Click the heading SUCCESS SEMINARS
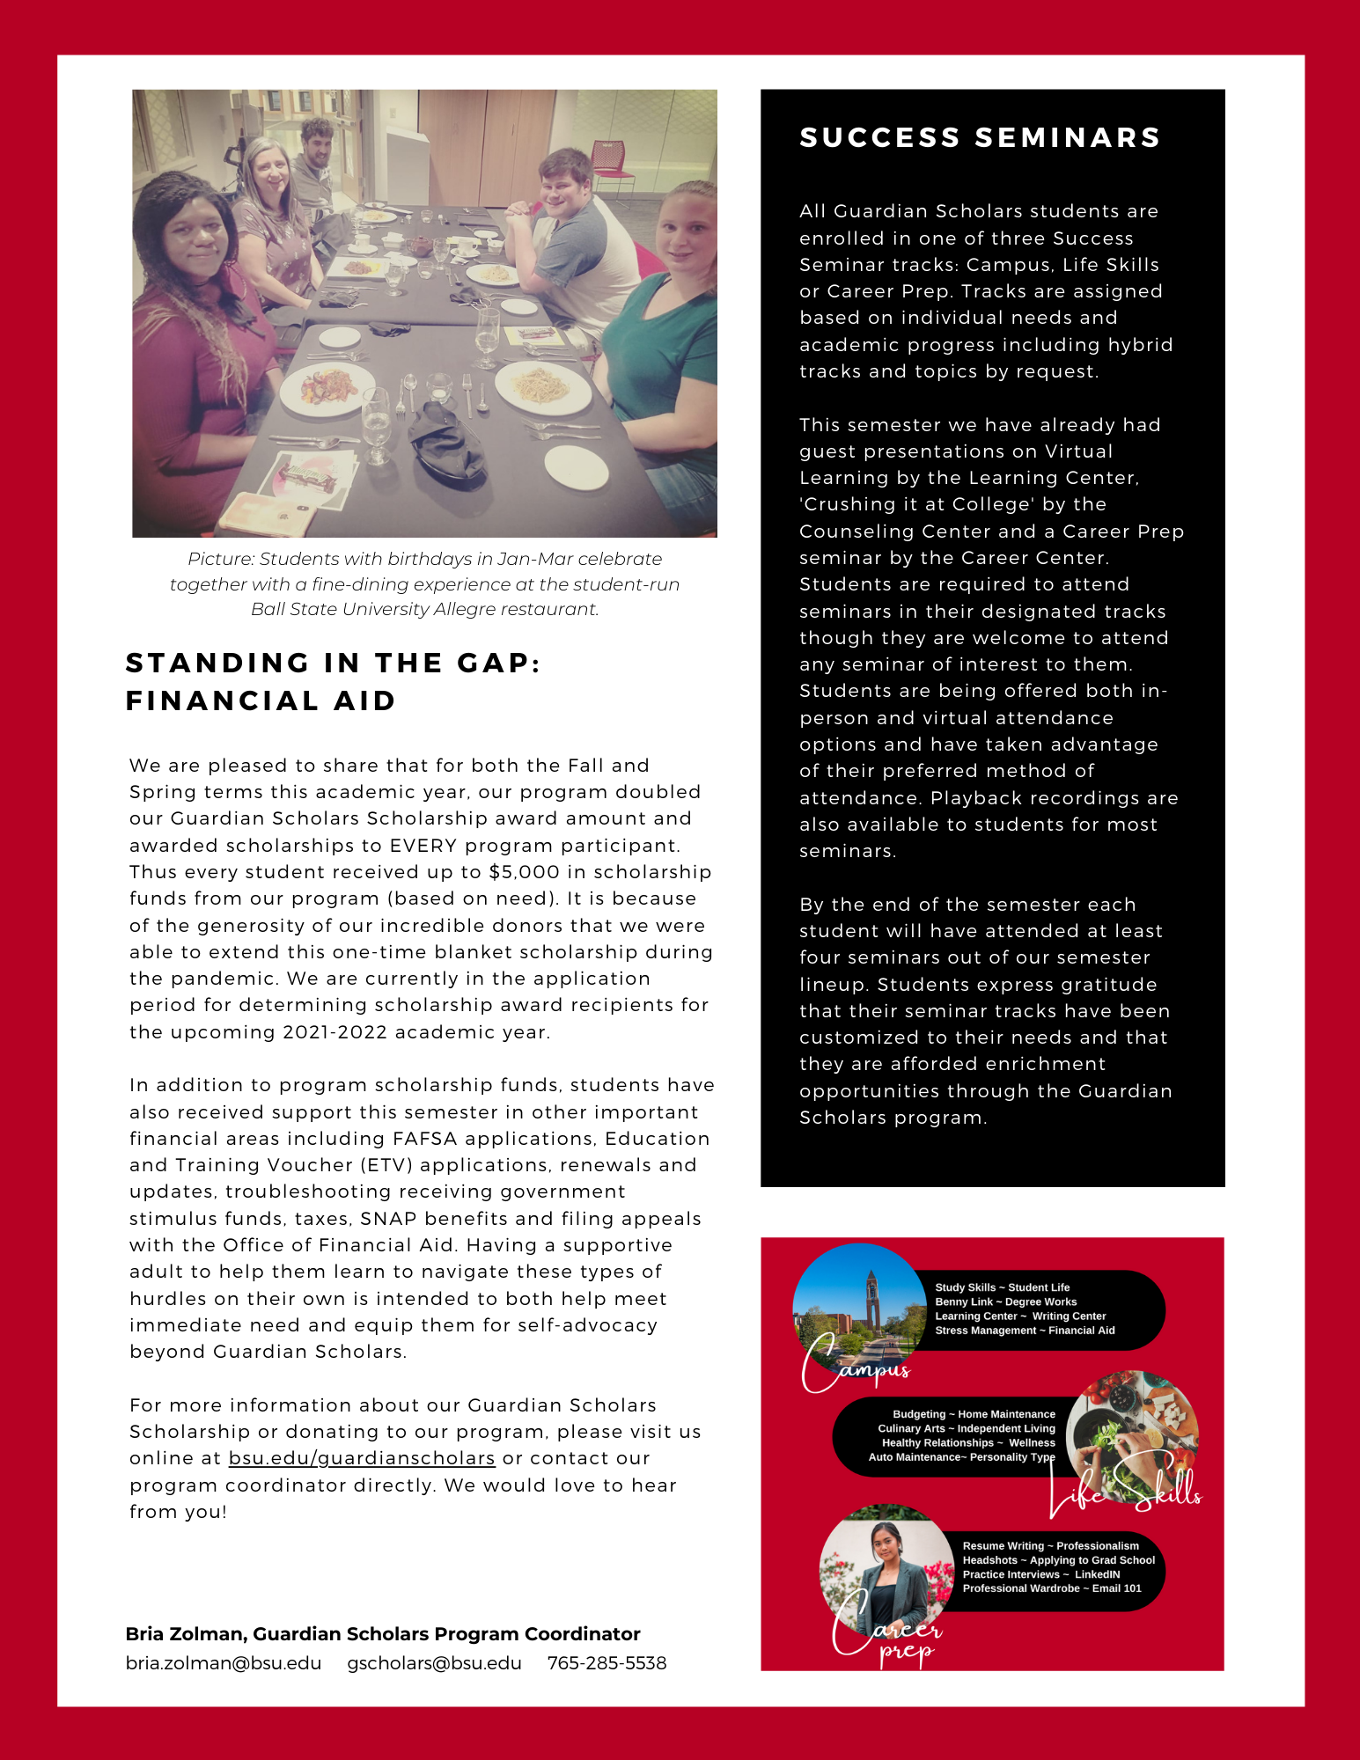point(980,138)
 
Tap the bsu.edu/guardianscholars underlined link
point(362,1458)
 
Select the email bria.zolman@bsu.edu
point(224,1663)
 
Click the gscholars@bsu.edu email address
point(434,1663)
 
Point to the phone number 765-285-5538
point(606,1663)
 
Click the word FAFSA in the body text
point(424,1139)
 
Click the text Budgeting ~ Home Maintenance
point(974,1414)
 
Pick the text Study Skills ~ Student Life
point(1002,1287)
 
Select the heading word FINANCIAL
point(221,701)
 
